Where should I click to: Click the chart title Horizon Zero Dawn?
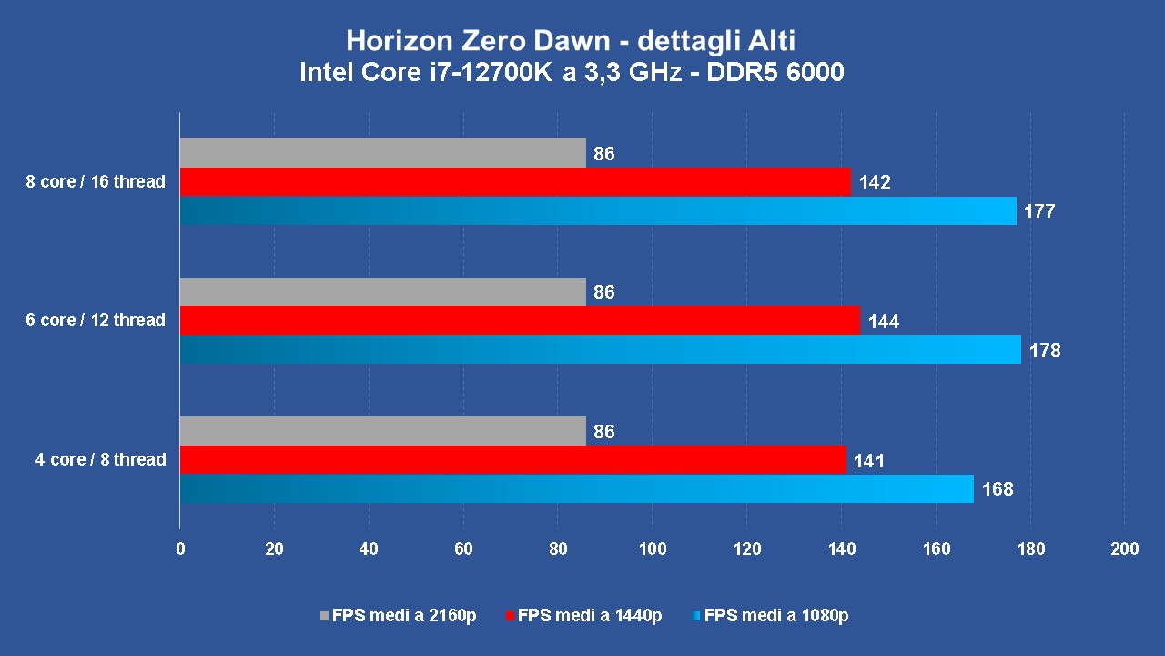572,41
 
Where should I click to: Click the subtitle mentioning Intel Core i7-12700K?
572,73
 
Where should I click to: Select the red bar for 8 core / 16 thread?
515,182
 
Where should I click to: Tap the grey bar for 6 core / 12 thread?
382,292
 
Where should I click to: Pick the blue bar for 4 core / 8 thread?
576,488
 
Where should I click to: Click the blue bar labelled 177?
598,210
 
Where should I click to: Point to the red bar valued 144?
520,321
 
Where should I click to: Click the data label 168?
998,489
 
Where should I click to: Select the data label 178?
1045,350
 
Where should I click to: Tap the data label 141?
868,461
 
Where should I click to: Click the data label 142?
874,183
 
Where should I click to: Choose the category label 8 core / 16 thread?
96,182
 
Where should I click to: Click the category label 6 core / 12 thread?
96,321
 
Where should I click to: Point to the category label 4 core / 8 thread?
100,460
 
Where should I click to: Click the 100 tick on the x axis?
653,548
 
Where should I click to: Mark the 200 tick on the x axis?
1125,548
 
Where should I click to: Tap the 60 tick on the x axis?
463,548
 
